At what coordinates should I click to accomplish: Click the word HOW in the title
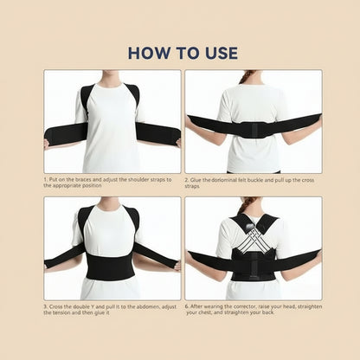(x=149, y=52)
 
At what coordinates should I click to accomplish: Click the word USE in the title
(x=218, y=52)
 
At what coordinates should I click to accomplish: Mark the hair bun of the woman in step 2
(x=252, y=76)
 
